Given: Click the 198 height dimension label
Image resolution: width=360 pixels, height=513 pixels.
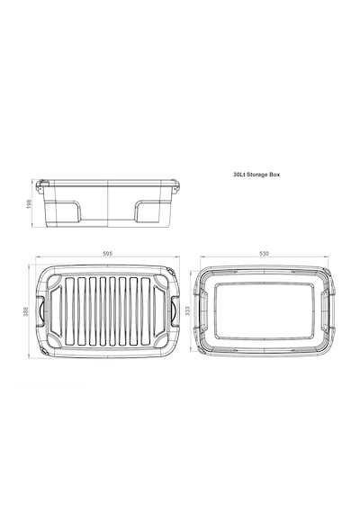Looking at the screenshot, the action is pos(29,203).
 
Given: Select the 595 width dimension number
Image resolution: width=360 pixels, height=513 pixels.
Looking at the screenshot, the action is pos(108,254).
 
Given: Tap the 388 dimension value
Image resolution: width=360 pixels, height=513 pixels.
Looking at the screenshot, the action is pos(26,311).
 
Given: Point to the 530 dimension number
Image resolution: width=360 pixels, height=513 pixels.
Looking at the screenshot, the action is pos(264,254).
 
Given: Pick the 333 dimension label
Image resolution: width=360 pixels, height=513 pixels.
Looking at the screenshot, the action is pos(187,310).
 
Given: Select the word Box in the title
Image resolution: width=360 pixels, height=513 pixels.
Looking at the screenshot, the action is pos(274,175).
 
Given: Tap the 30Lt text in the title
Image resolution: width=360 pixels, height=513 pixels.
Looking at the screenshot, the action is pos(239,175).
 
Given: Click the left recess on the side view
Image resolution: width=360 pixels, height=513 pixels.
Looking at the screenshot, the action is pos(67,211).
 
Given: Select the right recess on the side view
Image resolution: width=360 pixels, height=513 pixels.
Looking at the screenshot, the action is pos(148,211).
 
